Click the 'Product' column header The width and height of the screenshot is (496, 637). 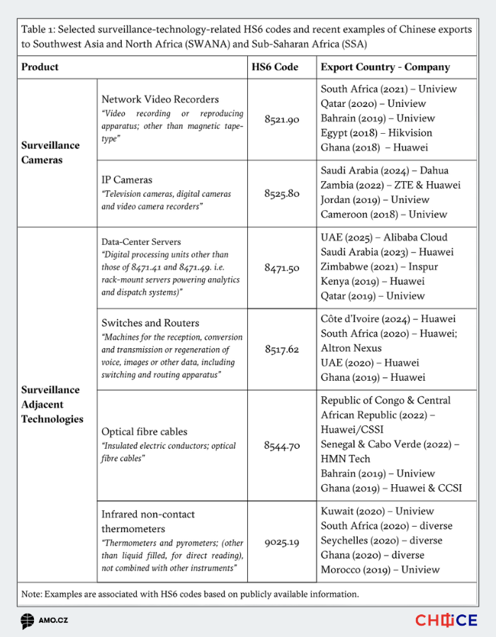(x=40, y=67)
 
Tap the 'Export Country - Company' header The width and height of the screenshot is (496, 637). (x=385, y=67)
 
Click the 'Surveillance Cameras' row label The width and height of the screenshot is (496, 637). (x=51, y=152)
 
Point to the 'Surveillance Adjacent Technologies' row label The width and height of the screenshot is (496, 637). (x=52, y=404)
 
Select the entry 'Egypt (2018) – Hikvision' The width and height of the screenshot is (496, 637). (x=376, y=133)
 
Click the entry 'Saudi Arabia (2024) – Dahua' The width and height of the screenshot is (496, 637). (x=384, y=171)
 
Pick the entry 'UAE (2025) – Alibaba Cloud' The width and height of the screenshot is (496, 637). (x=384, y=238)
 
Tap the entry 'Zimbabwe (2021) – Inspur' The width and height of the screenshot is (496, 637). (x=379, y=267)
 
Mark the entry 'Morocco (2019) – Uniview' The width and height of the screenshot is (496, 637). (x=380, y=570)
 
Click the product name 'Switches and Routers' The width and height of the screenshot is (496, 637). (x=150, y=323)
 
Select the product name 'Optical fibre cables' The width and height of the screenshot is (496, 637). (x=145, y=432)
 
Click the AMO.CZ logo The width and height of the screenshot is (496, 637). (x=44, y=621)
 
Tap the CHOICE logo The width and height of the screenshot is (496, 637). (x=446, y=621)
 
